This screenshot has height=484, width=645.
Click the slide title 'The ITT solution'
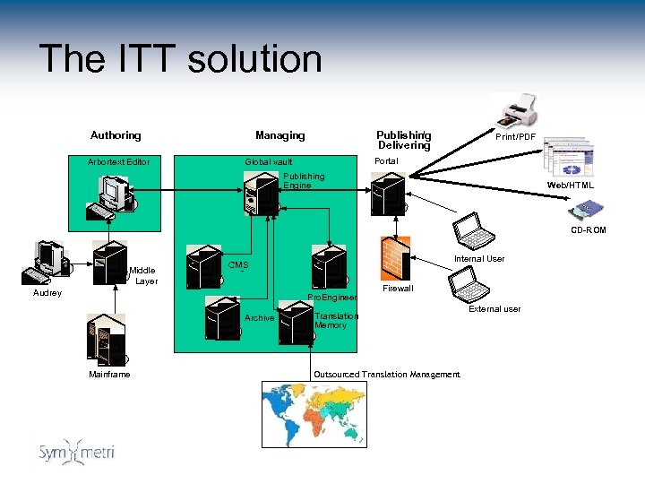180,59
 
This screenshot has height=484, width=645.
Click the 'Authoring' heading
116,135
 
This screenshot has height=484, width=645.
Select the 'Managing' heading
279,135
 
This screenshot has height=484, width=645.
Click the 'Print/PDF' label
516,137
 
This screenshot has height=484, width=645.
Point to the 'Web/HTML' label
571,186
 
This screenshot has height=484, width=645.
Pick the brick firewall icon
395,258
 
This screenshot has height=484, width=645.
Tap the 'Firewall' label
398,290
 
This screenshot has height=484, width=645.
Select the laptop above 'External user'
470,285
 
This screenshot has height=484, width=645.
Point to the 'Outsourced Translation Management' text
386,374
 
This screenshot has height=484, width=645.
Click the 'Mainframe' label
109,374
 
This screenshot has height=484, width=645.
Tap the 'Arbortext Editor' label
118,162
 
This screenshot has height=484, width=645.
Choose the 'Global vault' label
269,162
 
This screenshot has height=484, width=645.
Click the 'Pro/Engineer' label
332,297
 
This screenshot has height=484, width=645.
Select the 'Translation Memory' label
336,320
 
